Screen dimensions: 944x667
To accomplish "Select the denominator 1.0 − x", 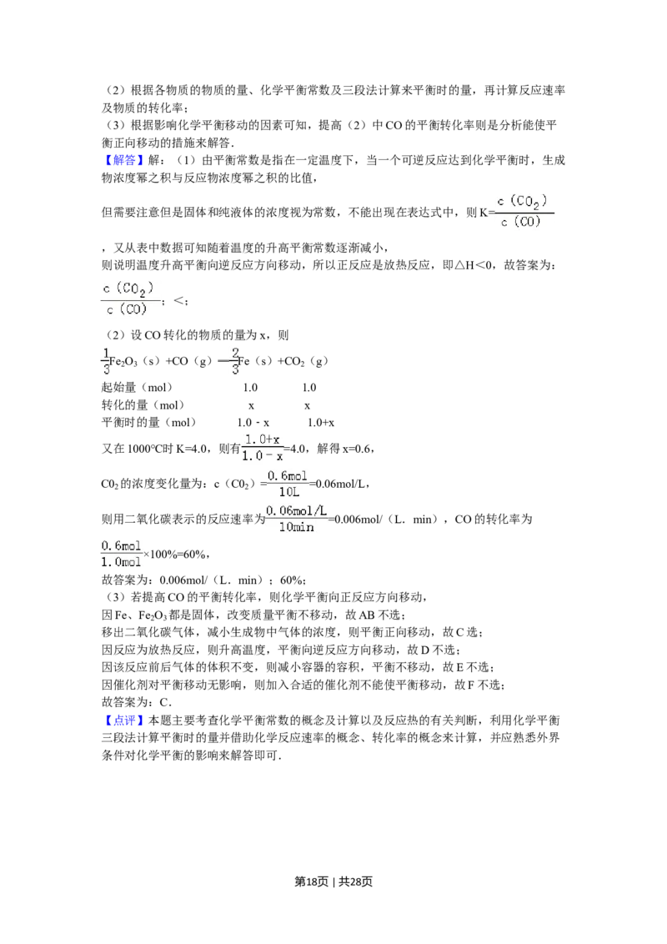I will coord(263,455).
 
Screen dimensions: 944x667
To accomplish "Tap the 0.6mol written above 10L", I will coord(288,476).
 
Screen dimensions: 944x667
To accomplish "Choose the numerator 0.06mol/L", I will coord(298,510).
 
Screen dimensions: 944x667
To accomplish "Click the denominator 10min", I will coord(297,526).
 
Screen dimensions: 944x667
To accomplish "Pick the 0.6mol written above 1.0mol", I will coord(122,545).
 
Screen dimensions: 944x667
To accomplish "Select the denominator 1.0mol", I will coord(122,562).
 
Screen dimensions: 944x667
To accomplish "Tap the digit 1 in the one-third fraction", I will coord(106,352).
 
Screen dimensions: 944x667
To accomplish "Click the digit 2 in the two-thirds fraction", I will coord(234,352).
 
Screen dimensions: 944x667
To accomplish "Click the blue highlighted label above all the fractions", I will coord(123,160).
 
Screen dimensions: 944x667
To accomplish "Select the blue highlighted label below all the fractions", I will coord(123,720).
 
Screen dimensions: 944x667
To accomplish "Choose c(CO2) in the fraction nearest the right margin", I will coord(525,200).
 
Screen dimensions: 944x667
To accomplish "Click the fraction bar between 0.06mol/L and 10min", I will coord(297,518).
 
